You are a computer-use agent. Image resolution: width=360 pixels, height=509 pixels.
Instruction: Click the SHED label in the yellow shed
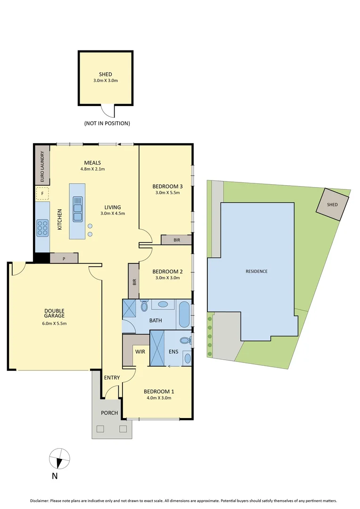(105, 74)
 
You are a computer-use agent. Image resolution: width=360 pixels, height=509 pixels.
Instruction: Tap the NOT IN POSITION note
(107, 123)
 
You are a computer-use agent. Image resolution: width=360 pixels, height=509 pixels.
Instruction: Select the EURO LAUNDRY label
(42, 167)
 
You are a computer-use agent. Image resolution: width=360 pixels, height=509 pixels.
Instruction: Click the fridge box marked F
(42, 193)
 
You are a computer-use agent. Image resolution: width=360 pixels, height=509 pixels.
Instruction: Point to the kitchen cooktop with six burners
(42, 228)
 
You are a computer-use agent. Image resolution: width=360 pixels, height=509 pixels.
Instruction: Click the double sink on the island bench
(77, 209)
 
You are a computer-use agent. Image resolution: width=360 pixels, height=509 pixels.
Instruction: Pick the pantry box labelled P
(64, 258)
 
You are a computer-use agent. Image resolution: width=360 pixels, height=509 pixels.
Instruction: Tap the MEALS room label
(92, 163)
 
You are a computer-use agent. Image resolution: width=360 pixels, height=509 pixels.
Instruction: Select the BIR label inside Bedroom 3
(177, 240)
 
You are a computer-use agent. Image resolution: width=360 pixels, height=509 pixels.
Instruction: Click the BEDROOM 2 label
(167, 271)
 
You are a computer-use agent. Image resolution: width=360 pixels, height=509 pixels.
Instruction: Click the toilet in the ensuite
(185, 340)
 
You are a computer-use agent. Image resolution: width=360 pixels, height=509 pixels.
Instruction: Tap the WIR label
(140, 352)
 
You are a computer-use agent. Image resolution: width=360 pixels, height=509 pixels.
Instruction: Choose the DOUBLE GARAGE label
(55, 313)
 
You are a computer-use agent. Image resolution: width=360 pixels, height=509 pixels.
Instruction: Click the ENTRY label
(112, 378)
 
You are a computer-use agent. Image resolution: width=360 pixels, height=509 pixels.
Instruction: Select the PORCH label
(109, 413)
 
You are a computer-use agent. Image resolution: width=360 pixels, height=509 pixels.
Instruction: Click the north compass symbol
(60, 458)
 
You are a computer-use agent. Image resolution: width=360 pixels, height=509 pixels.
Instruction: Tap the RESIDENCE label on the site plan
(256, 271)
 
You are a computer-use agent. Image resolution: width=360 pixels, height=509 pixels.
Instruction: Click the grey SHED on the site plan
(333, 205)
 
